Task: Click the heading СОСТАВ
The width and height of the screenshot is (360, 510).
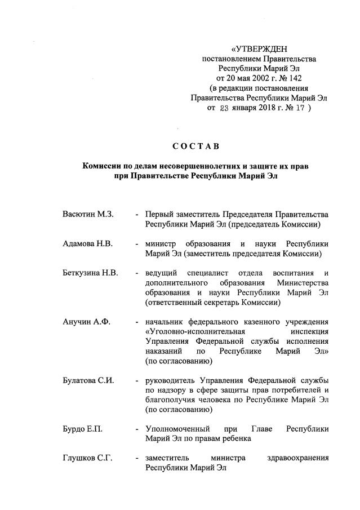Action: pos(195,147)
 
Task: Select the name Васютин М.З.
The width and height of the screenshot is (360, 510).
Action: pos(88,215)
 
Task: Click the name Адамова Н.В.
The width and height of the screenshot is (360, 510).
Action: pos(88,244)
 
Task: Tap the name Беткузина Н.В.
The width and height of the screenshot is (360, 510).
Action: pos(91,273)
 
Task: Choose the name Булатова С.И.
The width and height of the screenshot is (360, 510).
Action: pos(89,380)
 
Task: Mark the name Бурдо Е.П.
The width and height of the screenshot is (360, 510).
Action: pos(83,429)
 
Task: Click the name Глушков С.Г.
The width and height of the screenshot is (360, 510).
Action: pos(88,458)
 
